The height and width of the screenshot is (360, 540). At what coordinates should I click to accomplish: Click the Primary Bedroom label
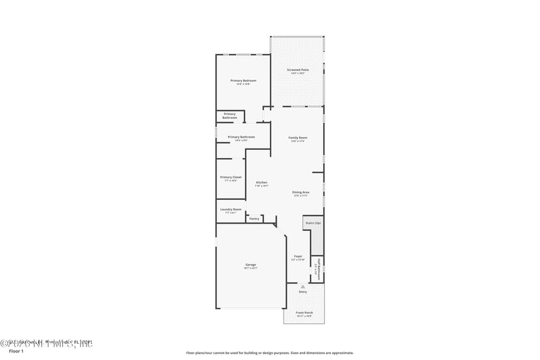tap(243, 80)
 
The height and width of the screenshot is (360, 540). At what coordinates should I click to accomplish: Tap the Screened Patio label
tap(298, 70)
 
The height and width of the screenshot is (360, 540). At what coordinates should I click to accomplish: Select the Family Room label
tap(298, 138)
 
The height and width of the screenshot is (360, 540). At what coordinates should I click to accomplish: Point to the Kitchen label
tap(261, 182)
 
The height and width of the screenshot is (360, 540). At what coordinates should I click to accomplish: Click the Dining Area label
tap(300, 192)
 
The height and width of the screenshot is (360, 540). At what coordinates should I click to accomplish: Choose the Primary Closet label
tap(231, 177)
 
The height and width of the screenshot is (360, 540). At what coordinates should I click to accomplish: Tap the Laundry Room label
tap(231, 209)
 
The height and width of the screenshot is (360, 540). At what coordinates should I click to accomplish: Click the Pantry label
tap(254, 218)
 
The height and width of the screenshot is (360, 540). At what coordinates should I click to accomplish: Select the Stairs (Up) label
tap(313, 222)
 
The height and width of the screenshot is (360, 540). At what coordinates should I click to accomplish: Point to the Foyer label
tap(298, 256)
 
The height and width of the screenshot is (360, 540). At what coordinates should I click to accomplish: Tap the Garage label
tap(250, 264)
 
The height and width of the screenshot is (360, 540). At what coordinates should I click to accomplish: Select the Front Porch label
tap(304, 313)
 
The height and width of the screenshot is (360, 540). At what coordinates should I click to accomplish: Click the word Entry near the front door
tap(302, 291)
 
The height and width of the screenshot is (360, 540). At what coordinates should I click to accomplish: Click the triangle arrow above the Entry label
tap(302, 286)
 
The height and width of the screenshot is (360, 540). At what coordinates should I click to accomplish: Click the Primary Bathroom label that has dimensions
tap(241, 137)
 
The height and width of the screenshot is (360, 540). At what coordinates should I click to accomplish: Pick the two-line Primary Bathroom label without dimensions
tap(230, 115)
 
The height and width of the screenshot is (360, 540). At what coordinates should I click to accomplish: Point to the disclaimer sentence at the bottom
tap(269, 353)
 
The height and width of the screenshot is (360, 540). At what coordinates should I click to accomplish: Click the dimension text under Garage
tap(250, 268)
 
